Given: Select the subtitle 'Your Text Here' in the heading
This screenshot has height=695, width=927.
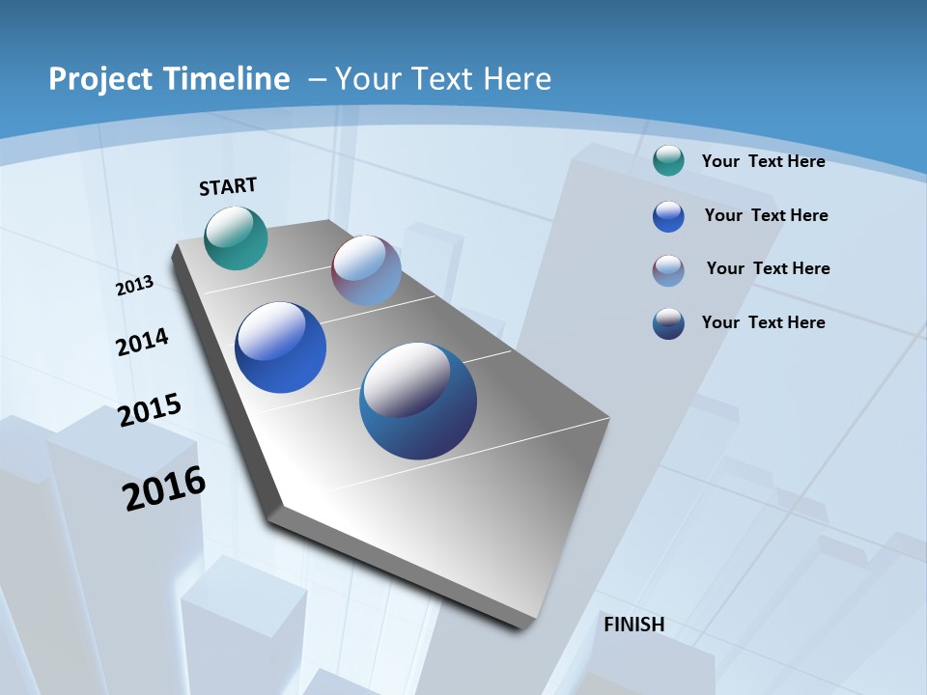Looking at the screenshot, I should [442, 79].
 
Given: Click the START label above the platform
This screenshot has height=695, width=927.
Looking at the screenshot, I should [228, 186].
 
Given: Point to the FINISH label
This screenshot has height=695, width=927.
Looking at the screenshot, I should [634, 625].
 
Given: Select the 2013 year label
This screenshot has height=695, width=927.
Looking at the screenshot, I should [135, 286].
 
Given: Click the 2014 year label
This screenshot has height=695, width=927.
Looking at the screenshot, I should [142, 342].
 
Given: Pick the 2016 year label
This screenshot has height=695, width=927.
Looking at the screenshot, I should [164, 488].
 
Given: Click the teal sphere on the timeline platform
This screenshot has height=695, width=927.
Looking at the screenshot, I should [237, 237].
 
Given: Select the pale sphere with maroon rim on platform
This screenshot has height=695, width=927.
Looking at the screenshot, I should [366, 270].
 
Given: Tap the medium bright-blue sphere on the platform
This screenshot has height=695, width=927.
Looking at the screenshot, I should [281, 347].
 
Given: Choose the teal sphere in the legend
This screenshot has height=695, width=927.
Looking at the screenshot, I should [668, 161].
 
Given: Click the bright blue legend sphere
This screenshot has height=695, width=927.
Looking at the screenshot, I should [668, 216].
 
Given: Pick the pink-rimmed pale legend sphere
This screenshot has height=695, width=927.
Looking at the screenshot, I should [668, 270].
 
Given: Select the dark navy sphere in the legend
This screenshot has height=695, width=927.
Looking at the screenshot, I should [668, 323].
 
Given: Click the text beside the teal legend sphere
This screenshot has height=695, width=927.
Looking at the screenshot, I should [763, 162].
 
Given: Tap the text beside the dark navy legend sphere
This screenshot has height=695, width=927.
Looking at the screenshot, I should [763, 322].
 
